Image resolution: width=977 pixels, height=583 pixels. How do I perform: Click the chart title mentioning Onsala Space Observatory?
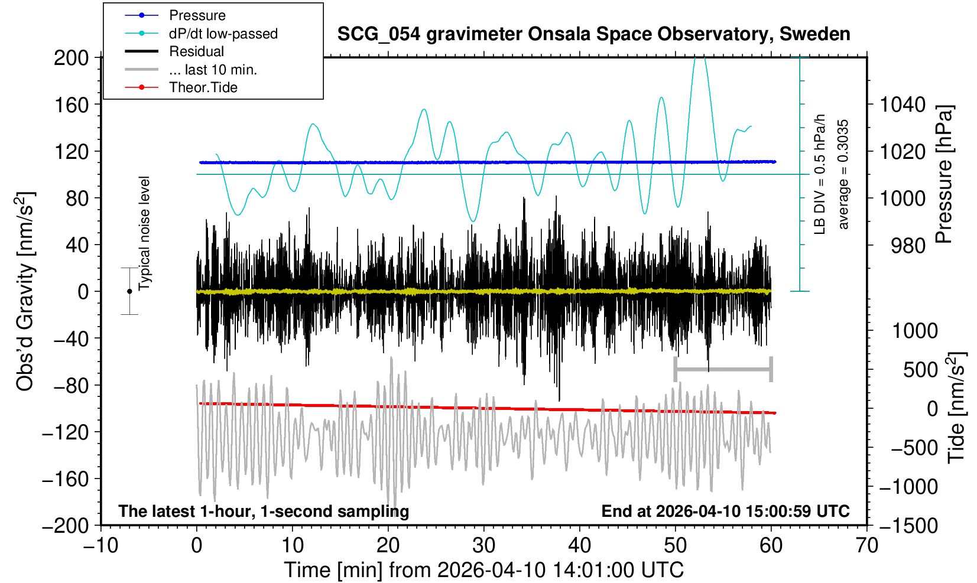point(593,34)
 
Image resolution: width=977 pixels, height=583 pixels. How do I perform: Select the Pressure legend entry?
point(197,15)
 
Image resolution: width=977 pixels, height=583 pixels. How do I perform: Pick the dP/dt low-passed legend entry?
point(223,34)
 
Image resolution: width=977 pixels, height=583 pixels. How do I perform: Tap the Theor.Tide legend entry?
point(203,87)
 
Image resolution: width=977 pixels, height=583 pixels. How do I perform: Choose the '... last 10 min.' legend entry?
point(212,70)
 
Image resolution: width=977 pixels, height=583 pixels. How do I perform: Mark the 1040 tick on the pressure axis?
point(903,105)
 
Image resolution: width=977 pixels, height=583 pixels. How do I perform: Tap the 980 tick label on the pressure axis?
point(908,245)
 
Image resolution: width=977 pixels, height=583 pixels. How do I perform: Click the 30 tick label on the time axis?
point(483,545)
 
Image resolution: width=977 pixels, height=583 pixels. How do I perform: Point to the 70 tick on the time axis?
point(866,545)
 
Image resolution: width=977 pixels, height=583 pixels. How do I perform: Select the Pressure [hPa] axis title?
point(944,174)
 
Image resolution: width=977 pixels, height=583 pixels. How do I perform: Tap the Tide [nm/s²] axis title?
point(956,408)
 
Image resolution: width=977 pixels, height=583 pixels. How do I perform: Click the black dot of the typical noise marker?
point(129,291)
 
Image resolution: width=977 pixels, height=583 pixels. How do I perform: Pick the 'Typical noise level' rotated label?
point(144,233)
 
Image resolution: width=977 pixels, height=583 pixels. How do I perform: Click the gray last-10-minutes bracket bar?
point(723,370)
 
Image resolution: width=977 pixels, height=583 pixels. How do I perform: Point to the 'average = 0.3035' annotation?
point(843,174)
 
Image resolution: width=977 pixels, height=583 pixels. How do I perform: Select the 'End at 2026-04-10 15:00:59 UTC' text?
point(725,512)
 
